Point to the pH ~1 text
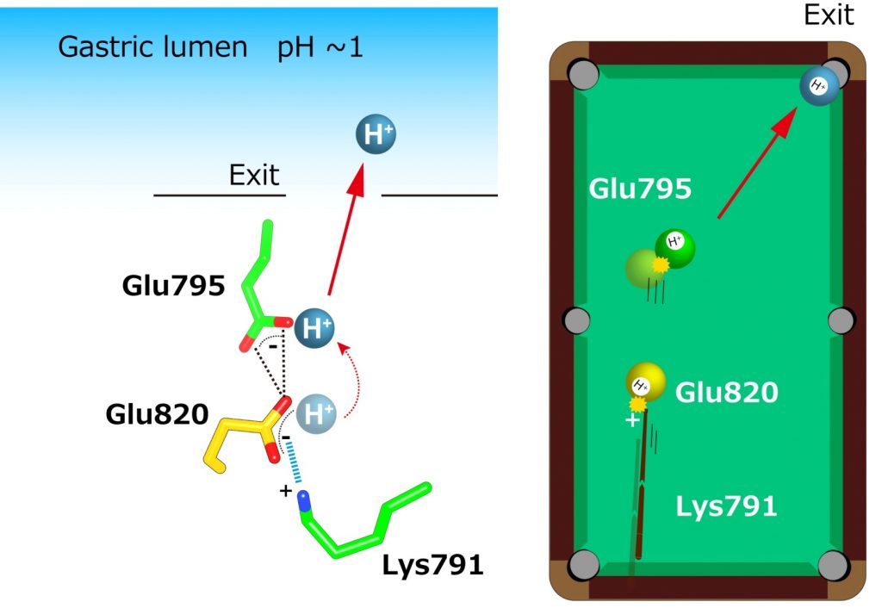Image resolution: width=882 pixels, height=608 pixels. click(x=320, y=47)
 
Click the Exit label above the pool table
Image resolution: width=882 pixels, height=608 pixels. click(x=829, y=15)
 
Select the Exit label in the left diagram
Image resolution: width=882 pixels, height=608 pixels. click(x=254, y=176)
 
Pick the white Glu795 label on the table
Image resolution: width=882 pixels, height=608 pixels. click(x=640, y=189)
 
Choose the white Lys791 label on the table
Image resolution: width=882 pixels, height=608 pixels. click(x=726, y=506)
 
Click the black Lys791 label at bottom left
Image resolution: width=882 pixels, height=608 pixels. click(x=433, y=567)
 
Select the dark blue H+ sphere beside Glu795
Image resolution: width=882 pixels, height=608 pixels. click(x=314, y=328)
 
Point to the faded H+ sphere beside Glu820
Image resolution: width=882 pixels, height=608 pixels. click(x=316, y=414)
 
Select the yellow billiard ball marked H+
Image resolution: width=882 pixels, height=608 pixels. click(x=645, y=383)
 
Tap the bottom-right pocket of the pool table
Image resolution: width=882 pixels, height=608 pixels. click(x=834, y=565)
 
